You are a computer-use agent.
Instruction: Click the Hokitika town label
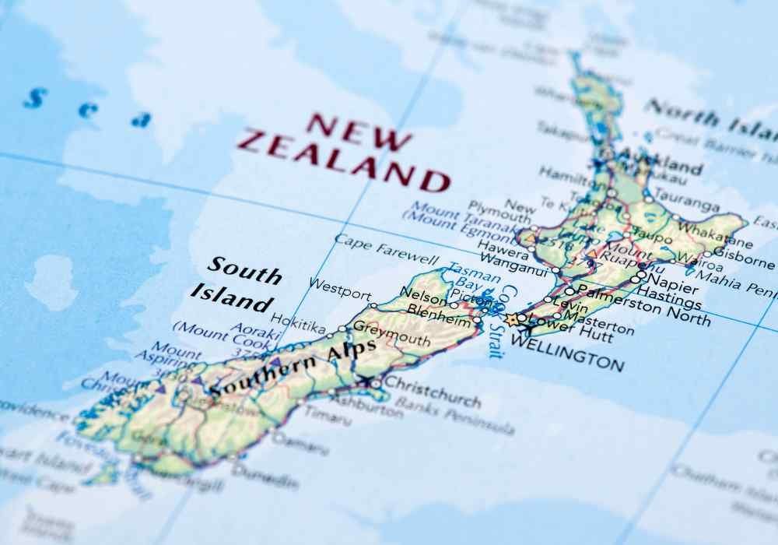[x=298, y=322]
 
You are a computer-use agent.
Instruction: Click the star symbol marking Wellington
[x=511, y=319]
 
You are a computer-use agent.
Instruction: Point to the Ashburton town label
[x=366, y=406]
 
